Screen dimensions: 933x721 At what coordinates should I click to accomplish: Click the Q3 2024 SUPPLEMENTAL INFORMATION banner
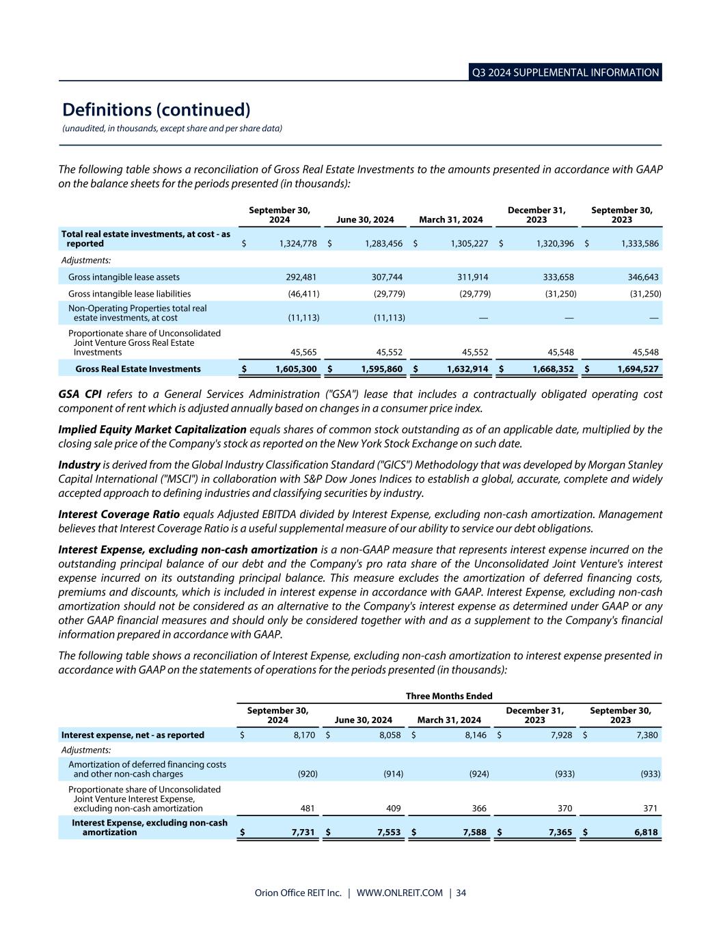566,72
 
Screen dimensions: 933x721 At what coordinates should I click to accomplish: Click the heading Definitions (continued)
156,110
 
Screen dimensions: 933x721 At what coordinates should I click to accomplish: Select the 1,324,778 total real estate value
294,243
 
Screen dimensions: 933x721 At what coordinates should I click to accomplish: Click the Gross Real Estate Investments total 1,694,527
638,369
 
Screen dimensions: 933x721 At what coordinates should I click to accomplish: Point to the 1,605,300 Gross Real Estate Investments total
296,369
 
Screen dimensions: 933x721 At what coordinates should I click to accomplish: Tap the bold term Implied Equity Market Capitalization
152,429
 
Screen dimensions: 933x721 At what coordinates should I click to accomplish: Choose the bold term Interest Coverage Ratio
119,514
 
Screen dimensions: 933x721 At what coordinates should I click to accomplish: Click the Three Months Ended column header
449,696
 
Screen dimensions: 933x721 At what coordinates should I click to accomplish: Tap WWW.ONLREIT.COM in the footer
400,893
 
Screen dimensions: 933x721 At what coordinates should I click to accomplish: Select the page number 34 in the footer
461,893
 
